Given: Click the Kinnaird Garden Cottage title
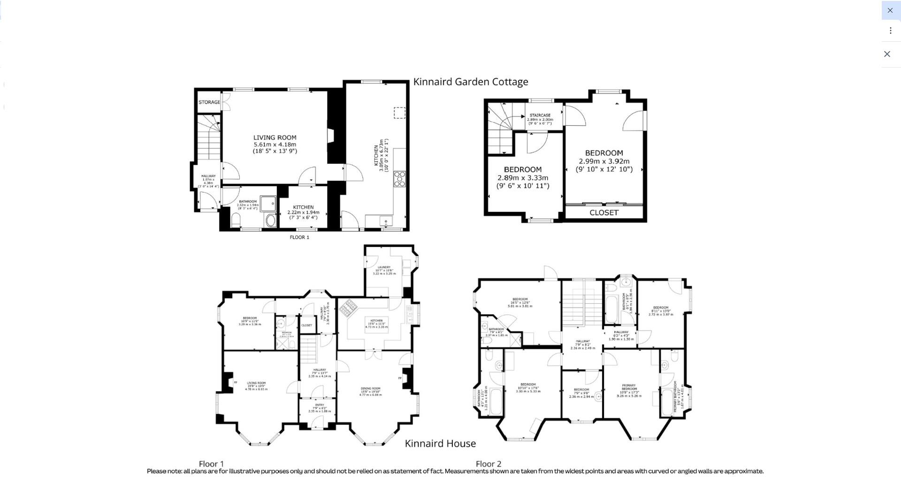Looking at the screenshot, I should tap(470, 82).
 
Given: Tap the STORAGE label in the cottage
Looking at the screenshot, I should tap(209, 102).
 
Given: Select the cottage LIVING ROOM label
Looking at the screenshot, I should tap(275, 138).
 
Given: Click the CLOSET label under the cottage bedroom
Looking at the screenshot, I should tap(603, 213).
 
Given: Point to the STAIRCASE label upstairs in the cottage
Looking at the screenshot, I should tap(540, 115).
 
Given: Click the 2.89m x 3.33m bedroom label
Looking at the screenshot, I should tap(522, 177).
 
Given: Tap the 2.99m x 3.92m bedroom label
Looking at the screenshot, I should tap(604, 161).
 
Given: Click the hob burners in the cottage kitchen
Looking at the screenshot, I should tap(399, 179).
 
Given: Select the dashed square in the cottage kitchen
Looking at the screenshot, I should tap(399, 113).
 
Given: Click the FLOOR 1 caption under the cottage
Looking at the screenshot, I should tap(299, 238).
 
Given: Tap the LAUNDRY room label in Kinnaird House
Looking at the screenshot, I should tap(384, 268).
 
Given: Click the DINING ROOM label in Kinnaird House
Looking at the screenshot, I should tap(370, 389).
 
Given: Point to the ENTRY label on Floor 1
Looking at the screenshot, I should tap(320, 405).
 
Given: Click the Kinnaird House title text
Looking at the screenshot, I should tap(440, 444).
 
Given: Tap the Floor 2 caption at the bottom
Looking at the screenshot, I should tap(488, 464).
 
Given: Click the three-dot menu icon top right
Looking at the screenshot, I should tap(890, 31).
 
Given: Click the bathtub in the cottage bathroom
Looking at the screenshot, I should tap(268, 204).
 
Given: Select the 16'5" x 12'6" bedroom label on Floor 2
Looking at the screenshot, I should tap(520, 302).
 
